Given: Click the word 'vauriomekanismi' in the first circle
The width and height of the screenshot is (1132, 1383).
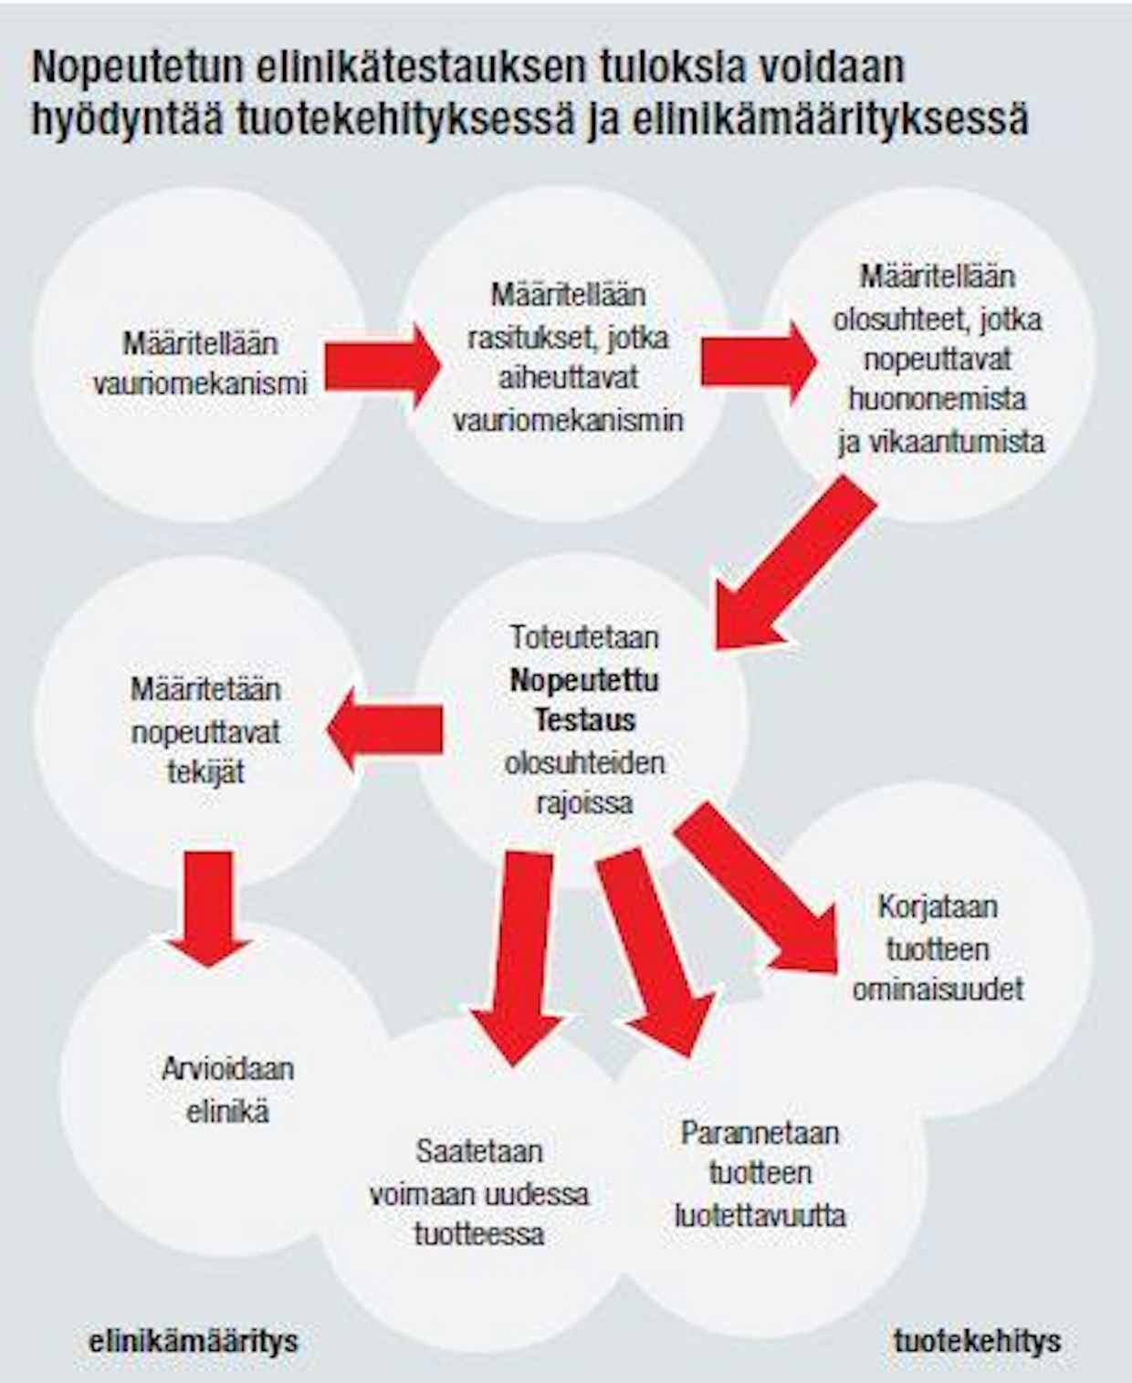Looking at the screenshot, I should [x=200, y=382].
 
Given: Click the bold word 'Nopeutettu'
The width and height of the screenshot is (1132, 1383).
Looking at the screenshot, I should [x=584, y=679].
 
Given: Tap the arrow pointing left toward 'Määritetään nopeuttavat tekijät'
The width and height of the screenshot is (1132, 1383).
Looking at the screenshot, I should [x=384, y=729].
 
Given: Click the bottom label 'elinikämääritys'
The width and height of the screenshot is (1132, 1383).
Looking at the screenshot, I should [x=194, y=1341].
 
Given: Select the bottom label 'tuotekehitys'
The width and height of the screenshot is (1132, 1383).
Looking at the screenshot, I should [x=977, y=1341].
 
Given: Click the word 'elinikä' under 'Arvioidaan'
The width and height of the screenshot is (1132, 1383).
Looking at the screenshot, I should [x=227, y=1112].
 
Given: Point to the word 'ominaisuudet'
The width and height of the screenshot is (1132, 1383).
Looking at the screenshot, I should [x=938, y=990].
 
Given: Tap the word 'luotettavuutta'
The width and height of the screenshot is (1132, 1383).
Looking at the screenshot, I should [x=760, y=1215].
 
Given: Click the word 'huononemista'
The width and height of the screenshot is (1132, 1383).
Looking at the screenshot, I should [x=938, y=399].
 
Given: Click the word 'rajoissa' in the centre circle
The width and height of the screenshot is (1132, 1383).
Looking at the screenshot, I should [x=585, y=803].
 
